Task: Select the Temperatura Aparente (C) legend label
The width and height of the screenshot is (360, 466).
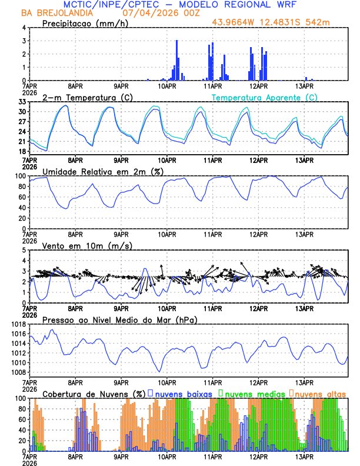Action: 265,97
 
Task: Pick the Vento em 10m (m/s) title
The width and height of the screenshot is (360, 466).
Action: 87,245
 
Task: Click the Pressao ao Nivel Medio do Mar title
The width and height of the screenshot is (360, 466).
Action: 120,319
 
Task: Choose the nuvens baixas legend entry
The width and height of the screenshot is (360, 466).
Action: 184,393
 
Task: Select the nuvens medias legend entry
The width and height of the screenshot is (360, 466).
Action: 254,393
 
